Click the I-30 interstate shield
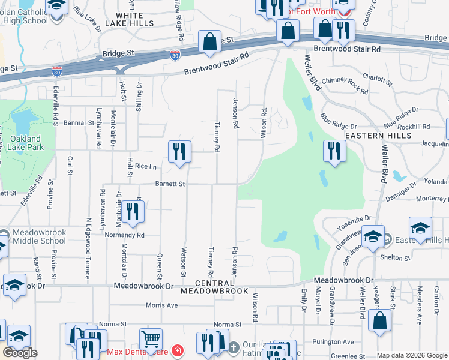(x=175, y=56)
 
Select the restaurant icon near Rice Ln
(x=179, y=152)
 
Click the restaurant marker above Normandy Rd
(x=133, y=212)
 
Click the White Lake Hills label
(x=130, y=19)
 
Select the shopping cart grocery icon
(x=151, y=340)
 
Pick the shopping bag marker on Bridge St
(x=210, y=42)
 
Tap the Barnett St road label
(x=170, y=184)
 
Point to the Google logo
(x=20, y=353)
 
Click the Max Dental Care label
(x=138, y=350)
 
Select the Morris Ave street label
(x=162, y=305)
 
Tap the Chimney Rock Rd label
(x=345, y=85)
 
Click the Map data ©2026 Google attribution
(x=412, y=355)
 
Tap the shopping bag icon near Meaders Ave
(x=381, y=320)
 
